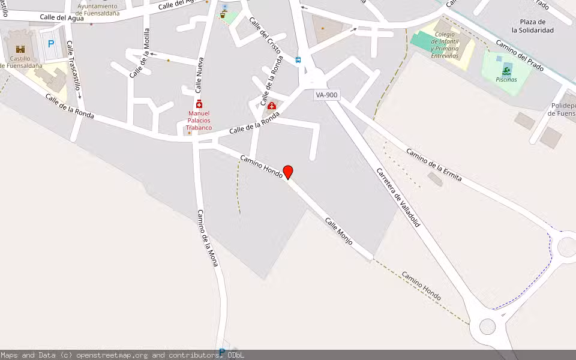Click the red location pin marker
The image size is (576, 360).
pyautogui.click(x=288, y=172)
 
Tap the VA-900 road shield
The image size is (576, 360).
pyautogui.click(x=328, y=95)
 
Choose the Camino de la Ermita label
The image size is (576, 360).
pyautogui.click(x=434, y=164)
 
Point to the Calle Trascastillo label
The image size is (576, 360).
pyautogui.click(x=73, y=70)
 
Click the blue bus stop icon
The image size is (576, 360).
pyautogui.click(x=298, y=59)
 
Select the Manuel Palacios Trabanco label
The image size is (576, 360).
pyautogui.click(x=199, y=120)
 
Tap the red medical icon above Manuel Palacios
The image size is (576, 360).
pyautogui.click(x=199, y=104)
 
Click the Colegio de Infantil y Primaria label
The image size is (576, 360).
pyautogui.click(x=445, y=45)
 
